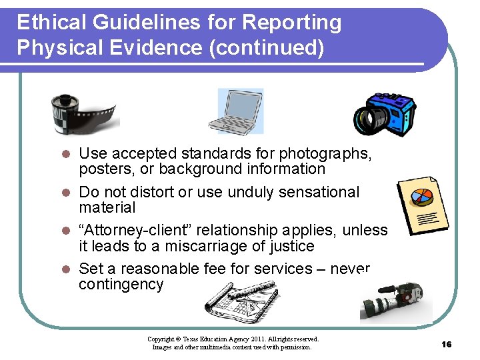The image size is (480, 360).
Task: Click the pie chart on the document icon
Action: click(x=420, y=197)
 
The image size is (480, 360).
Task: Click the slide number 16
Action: click(x=446, y=344)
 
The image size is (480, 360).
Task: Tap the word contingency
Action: click(x=121, y=285)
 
